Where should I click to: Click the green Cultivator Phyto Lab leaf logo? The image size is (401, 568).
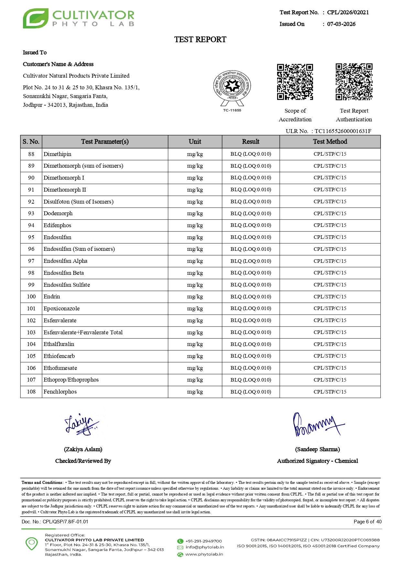[36, 18]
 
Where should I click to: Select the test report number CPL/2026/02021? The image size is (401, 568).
[348, 13]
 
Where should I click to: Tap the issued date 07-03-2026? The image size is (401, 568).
[341, 24]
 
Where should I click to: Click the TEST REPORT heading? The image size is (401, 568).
[200, 39]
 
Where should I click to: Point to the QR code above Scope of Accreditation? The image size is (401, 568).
[295, 82]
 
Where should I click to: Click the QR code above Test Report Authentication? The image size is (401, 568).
[354, 82]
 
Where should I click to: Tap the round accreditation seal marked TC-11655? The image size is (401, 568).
[232, 87]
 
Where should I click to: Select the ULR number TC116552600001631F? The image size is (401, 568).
[343, 131]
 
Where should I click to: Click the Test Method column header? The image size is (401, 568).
[330, 142]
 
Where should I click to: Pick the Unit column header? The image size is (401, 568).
[195, 142]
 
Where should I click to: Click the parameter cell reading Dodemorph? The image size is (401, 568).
[58, 214]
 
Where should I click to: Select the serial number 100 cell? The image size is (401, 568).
[31, 297]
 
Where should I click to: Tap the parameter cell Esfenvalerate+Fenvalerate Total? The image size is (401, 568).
[83, 332]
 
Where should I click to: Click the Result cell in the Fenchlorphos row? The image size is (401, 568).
[251, 392]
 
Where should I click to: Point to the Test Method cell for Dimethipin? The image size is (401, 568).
[330, 154]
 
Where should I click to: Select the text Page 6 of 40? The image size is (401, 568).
[367, 522]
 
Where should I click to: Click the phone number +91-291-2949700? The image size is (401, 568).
[203, 541]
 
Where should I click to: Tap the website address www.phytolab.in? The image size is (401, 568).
[204, 554]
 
